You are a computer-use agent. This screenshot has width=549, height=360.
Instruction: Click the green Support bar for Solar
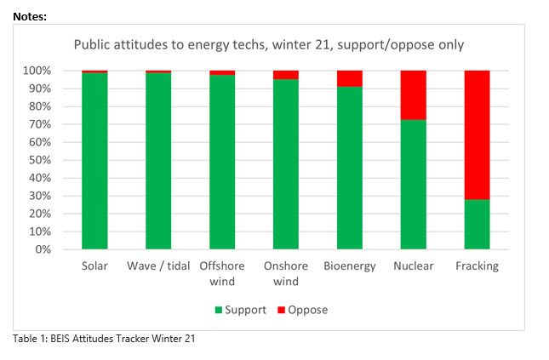point(94,162)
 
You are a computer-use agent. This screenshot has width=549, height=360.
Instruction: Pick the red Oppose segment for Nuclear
point(413,94)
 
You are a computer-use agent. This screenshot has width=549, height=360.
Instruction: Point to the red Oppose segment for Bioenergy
point(349,78)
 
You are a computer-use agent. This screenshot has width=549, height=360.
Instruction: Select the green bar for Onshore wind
point(286,165)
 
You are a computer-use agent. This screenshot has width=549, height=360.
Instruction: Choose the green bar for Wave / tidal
point(158,162)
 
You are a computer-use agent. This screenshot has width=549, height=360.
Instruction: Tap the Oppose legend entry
point(303,310)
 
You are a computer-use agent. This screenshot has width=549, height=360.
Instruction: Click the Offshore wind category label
point(222,273)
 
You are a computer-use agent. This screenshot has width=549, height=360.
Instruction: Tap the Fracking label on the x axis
point(477,266)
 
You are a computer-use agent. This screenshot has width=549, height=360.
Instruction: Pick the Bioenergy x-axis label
point(349,266)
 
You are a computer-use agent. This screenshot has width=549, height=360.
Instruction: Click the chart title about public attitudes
point(268,43)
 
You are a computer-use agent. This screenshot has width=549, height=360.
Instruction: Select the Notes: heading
point(30,16)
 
